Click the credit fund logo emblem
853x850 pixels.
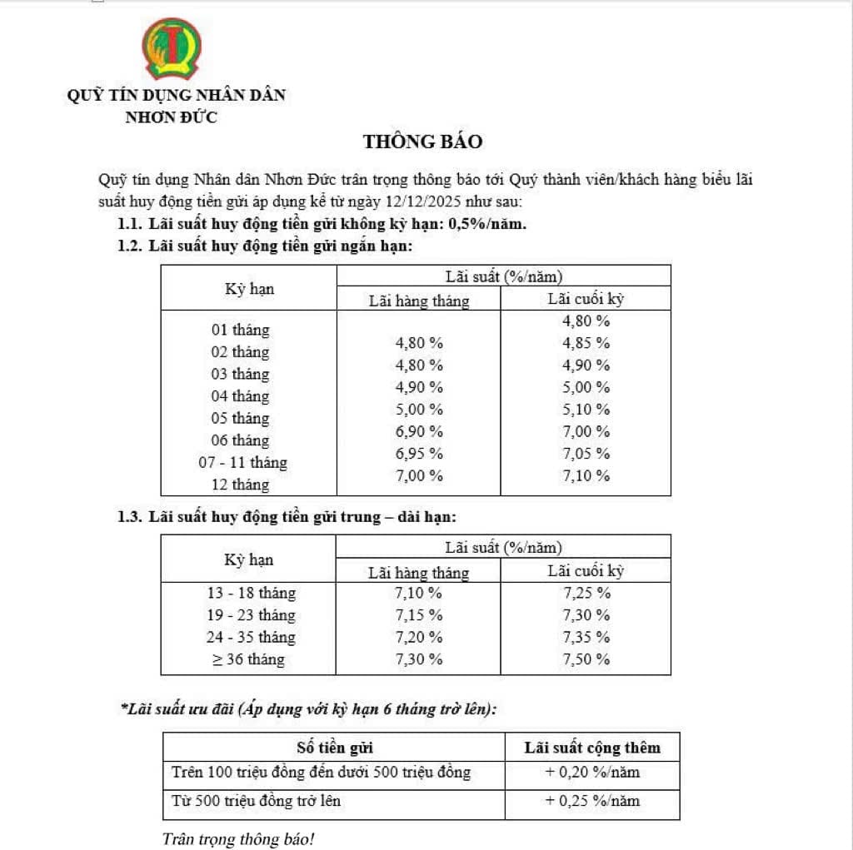(x=171, y=49)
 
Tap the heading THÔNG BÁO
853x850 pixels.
(x=422, y=142)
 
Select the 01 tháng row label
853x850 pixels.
(x=240, y=330)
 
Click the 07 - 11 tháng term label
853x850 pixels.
(x=248, y=462)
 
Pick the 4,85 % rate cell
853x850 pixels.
(x=586, y=343)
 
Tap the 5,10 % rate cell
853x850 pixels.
(x=586, y=410)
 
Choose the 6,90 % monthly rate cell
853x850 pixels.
(x=418, y=431)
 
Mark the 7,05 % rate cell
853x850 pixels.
(x=586, y=454)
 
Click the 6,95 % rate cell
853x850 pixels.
(x=418, y=454)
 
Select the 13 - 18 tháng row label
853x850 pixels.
(x=251, y=594)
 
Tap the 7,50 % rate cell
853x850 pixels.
(x=586, y=659)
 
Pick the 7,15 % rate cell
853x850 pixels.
(x=418, y=615)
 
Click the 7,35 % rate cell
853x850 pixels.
(x=586, y=638)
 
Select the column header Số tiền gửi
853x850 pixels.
(x=334, y=747)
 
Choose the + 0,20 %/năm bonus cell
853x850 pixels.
(x=592, y=772)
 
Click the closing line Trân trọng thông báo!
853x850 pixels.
(x=238, y=838)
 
